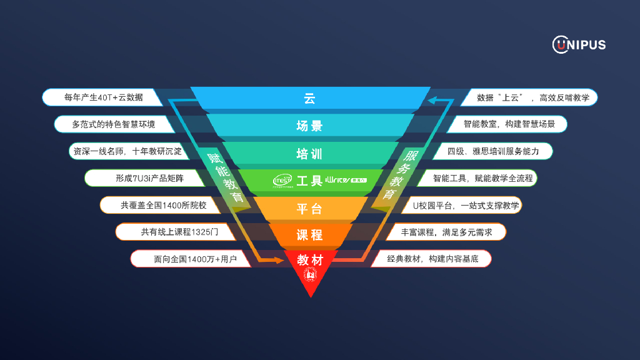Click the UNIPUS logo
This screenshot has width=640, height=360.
579,44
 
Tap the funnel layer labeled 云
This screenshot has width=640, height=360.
309,98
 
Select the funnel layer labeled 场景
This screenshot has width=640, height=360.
309,126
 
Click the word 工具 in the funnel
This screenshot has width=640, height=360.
309,181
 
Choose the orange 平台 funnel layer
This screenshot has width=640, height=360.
309,209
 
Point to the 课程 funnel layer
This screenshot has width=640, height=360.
309,235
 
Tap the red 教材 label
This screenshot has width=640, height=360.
310,259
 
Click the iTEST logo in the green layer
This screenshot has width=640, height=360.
282,181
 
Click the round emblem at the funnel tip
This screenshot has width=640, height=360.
310,275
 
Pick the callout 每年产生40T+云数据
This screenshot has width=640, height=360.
103,97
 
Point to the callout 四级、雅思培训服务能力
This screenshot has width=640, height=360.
493,151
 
